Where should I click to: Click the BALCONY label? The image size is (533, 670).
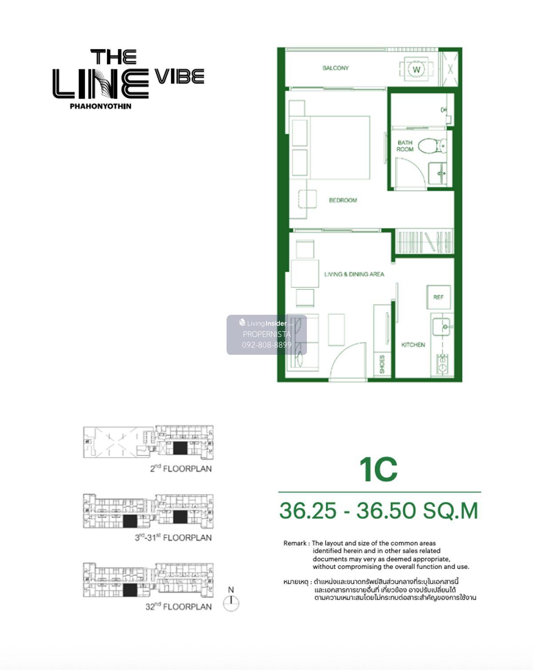335,68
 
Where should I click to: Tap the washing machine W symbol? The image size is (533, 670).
416,69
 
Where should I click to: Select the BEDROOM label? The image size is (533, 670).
342,200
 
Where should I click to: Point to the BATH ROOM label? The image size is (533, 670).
405,146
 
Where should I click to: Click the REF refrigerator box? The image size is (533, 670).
438,297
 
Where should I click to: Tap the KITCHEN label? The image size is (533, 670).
413,345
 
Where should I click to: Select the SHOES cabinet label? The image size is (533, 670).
382,364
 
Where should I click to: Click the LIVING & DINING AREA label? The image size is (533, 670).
354,274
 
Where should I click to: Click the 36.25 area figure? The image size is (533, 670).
308,510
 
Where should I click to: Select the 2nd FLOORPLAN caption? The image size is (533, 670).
180,468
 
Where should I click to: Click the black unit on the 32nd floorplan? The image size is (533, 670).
130,590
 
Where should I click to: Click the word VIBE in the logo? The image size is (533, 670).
179,76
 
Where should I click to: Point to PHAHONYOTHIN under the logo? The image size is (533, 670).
100,106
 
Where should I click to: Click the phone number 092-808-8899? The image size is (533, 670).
266,345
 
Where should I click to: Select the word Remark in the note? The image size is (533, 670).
294,543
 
